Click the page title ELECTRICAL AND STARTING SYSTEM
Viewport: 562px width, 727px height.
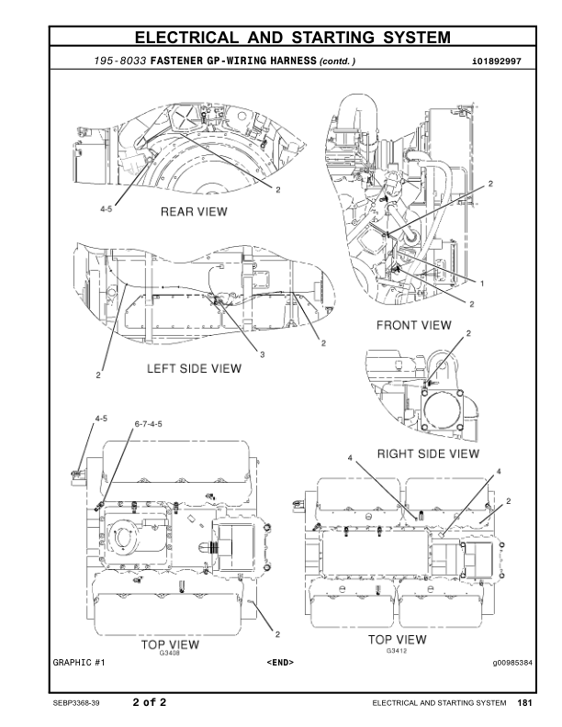click(x=292, y=38)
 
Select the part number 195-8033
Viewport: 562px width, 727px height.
click(x=121, y=61)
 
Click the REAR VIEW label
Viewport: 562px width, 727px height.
click(x=194, y=211)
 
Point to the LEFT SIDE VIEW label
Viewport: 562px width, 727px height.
click(x=195, y=369)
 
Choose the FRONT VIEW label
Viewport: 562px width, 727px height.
click(x=413, y=325)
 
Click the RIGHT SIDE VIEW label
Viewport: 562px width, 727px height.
click(x=429, y=453)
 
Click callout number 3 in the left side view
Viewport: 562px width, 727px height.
click(x=261, y=354)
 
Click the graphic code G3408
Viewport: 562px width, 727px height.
click(x=169, y=653)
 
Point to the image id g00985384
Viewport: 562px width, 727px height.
click(x=511, y=661)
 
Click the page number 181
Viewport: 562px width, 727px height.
click(x=524, y=703)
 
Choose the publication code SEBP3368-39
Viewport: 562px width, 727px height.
click(x=78, y=704)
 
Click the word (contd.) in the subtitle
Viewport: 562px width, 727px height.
click(x=336, y=62)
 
